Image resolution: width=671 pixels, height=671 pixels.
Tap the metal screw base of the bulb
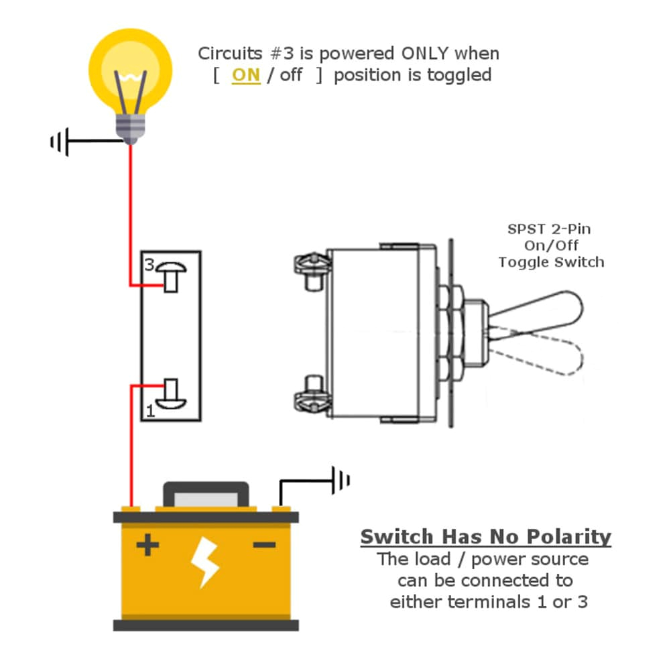pyautogui.click(x=131, y=127)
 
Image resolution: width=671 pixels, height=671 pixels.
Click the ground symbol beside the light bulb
pyautogui.click(x=60, y=142)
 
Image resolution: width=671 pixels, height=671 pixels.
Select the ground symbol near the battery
pyautogui.click(x=341, y=480)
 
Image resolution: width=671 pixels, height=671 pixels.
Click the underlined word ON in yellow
pyautogui.click(x=245, y=75)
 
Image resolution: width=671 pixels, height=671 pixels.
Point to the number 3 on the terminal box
pyautogui.click(x=148, y=264)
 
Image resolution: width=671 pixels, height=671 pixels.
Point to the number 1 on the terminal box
pyautogui.click(x=149, y=410)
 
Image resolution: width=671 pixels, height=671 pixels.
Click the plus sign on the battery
pyautogui.click(x=147, y=546)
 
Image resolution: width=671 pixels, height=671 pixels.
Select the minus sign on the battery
pyautogui.click(x=264, y=545)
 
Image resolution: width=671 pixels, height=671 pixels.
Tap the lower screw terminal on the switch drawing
pyautogui.click(x=312, y=395)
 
